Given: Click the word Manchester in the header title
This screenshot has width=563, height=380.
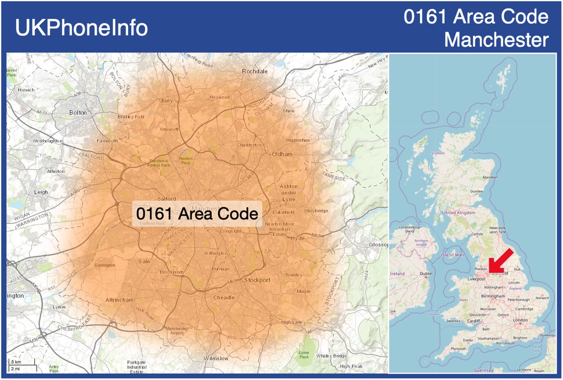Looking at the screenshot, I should click(497, 40).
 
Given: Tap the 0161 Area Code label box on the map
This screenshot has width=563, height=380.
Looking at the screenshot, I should click(197, 214).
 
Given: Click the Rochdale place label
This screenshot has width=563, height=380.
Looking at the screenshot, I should click(254, 71).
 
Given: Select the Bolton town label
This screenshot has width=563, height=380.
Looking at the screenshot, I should click(78, 112).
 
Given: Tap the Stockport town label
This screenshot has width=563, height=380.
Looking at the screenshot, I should click(257, 280).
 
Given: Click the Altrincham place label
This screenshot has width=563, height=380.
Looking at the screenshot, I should click(119, 300).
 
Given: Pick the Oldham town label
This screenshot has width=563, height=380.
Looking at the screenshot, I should click(282, 154).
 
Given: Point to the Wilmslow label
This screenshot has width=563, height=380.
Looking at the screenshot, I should click(216, 358).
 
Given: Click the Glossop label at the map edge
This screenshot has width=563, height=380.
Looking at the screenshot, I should click(378, 245).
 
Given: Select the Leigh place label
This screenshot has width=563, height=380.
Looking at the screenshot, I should click(41, 192).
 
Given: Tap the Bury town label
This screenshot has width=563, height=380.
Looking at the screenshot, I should click(167, 100).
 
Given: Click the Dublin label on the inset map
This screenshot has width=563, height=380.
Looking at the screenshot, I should click(426, 273).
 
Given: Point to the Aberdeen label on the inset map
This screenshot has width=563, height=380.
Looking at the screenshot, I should click(490, 177).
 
